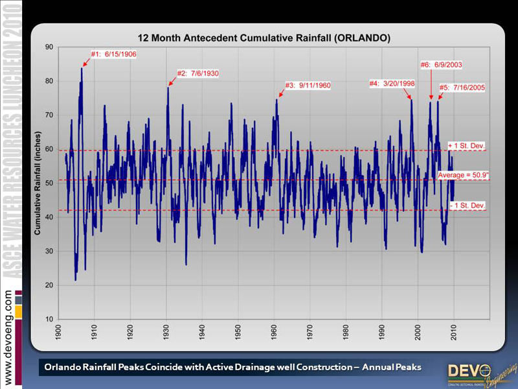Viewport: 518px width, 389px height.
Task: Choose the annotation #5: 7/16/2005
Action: coord(462,87)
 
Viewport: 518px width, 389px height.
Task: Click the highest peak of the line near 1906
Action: coord(82,68)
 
